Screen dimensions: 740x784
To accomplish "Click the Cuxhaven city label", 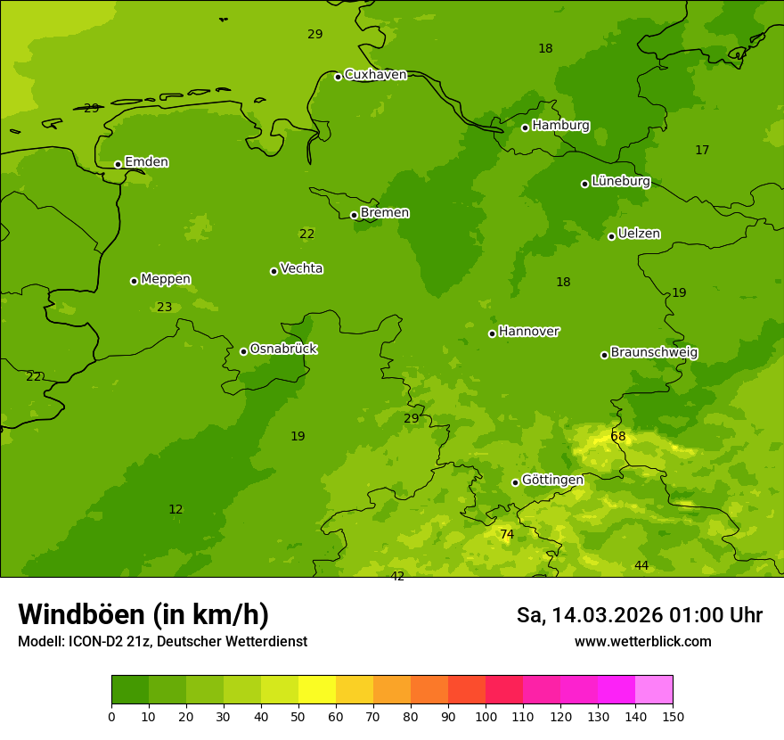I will pos(375,75).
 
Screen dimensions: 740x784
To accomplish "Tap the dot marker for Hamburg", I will pos(525,127).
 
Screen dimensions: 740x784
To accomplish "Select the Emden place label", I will pos(146,162).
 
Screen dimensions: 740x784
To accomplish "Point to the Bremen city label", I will pos(385,213).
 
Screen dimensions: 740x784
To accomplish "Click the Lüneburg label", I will pos(621,181).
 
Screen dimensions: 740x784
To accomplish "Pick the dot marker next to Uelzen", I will pos(611,236).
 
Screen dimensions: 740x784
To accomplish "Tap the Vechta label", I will pos(301,268).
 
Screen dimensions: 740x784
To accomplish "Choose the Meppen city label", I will pos(166,279).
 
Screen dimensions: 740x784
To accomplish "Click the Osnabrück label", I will pos(283,349).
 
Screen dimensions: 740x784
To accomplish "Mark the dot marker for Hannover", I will pos(492,333).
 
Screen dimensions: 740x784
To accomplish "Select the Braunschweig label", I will pos(654,352).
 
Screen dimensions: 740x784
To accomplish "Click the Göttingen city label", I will pos(552,480).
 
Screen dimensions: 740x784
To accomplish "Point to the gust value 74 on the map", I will pos(507,535).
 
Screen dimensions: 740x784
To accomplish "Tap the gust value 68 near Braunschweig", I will pos(618,437).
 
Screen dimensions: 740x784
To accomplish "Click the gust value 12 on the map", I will pos(176,510).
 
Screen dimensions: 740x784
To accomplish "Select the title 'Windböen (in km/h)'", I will pos(143,614).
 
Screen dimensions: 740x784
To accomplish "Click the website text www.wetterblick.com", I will pos(642,642).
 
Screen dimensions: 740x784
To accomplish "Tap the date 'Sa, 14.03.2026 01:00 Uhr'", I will pos(639,615).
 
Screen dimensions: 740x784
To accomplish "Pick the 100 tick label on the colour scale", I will pos(486,716).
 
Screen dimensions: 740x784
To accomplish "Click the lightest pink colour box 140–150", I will pos(654,690).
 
